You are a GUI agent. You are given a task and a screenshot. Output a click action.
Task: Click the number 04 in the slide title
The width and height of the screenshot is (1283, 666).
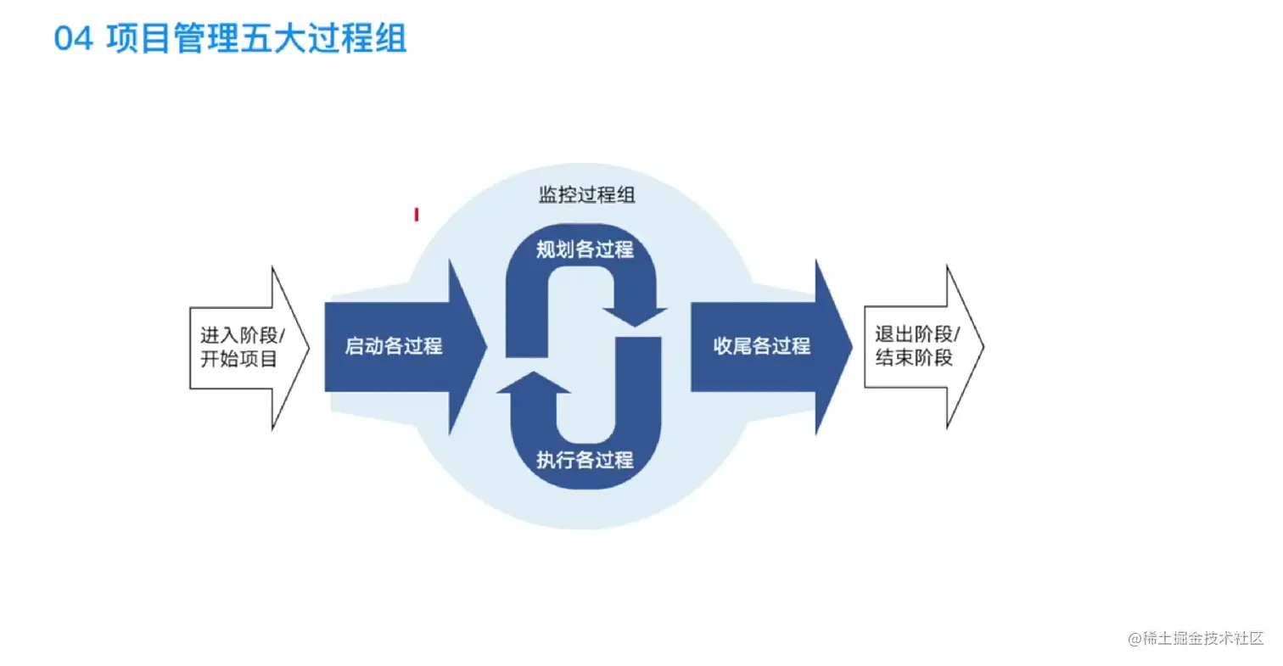(x=73, y=40)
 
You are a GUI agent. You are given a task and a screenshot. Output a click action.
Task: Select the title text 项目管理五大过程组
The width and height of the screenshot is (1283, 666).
(x=256, y=40)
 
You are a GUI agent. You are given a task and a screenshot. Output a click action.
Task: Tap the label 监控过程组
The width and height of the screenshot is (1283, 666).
(x=587, y=194)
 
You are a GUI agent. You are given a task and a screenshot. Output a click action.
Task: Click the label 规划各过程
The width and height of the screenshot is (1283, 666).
(x=585, y=250)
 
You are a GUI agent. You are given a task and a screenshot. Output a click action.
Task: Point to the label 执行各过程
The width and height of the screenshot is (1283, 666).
(x=585, y=461)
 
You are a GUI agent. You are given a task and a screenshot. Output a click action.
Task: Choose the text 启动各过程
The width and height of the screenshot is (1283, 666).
(x=394, y=346)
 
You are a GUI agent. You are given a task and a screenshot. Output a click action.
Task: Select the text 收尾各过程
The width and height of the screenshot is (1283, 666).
(x=762, y=346)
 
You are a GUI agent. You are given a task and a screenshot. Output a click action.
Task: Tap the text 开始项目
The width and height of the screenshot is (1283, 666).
(x=238, y=359)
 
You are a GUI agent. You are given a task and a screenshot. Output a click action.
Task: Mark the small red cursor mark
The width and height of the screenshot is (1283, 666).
(x=417, y=215)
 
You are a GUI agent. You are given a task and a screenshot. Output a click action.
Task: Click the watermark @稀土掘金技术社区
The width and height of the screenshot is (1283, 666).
(x=1196, y=639)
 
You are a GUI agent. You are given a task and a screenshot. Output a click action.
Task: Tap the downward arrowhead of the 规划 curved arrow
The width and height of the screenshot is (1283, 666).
(x=636, y=319)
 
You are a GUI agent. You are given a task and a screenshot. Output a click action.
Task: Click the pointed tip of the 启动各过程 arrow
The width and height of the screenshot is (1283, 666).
(x=485, y=346)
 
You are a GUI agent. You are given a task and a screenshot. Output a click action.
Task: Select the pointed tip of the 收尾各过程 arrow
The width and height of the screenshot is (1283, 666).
(x=851, y=346)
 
